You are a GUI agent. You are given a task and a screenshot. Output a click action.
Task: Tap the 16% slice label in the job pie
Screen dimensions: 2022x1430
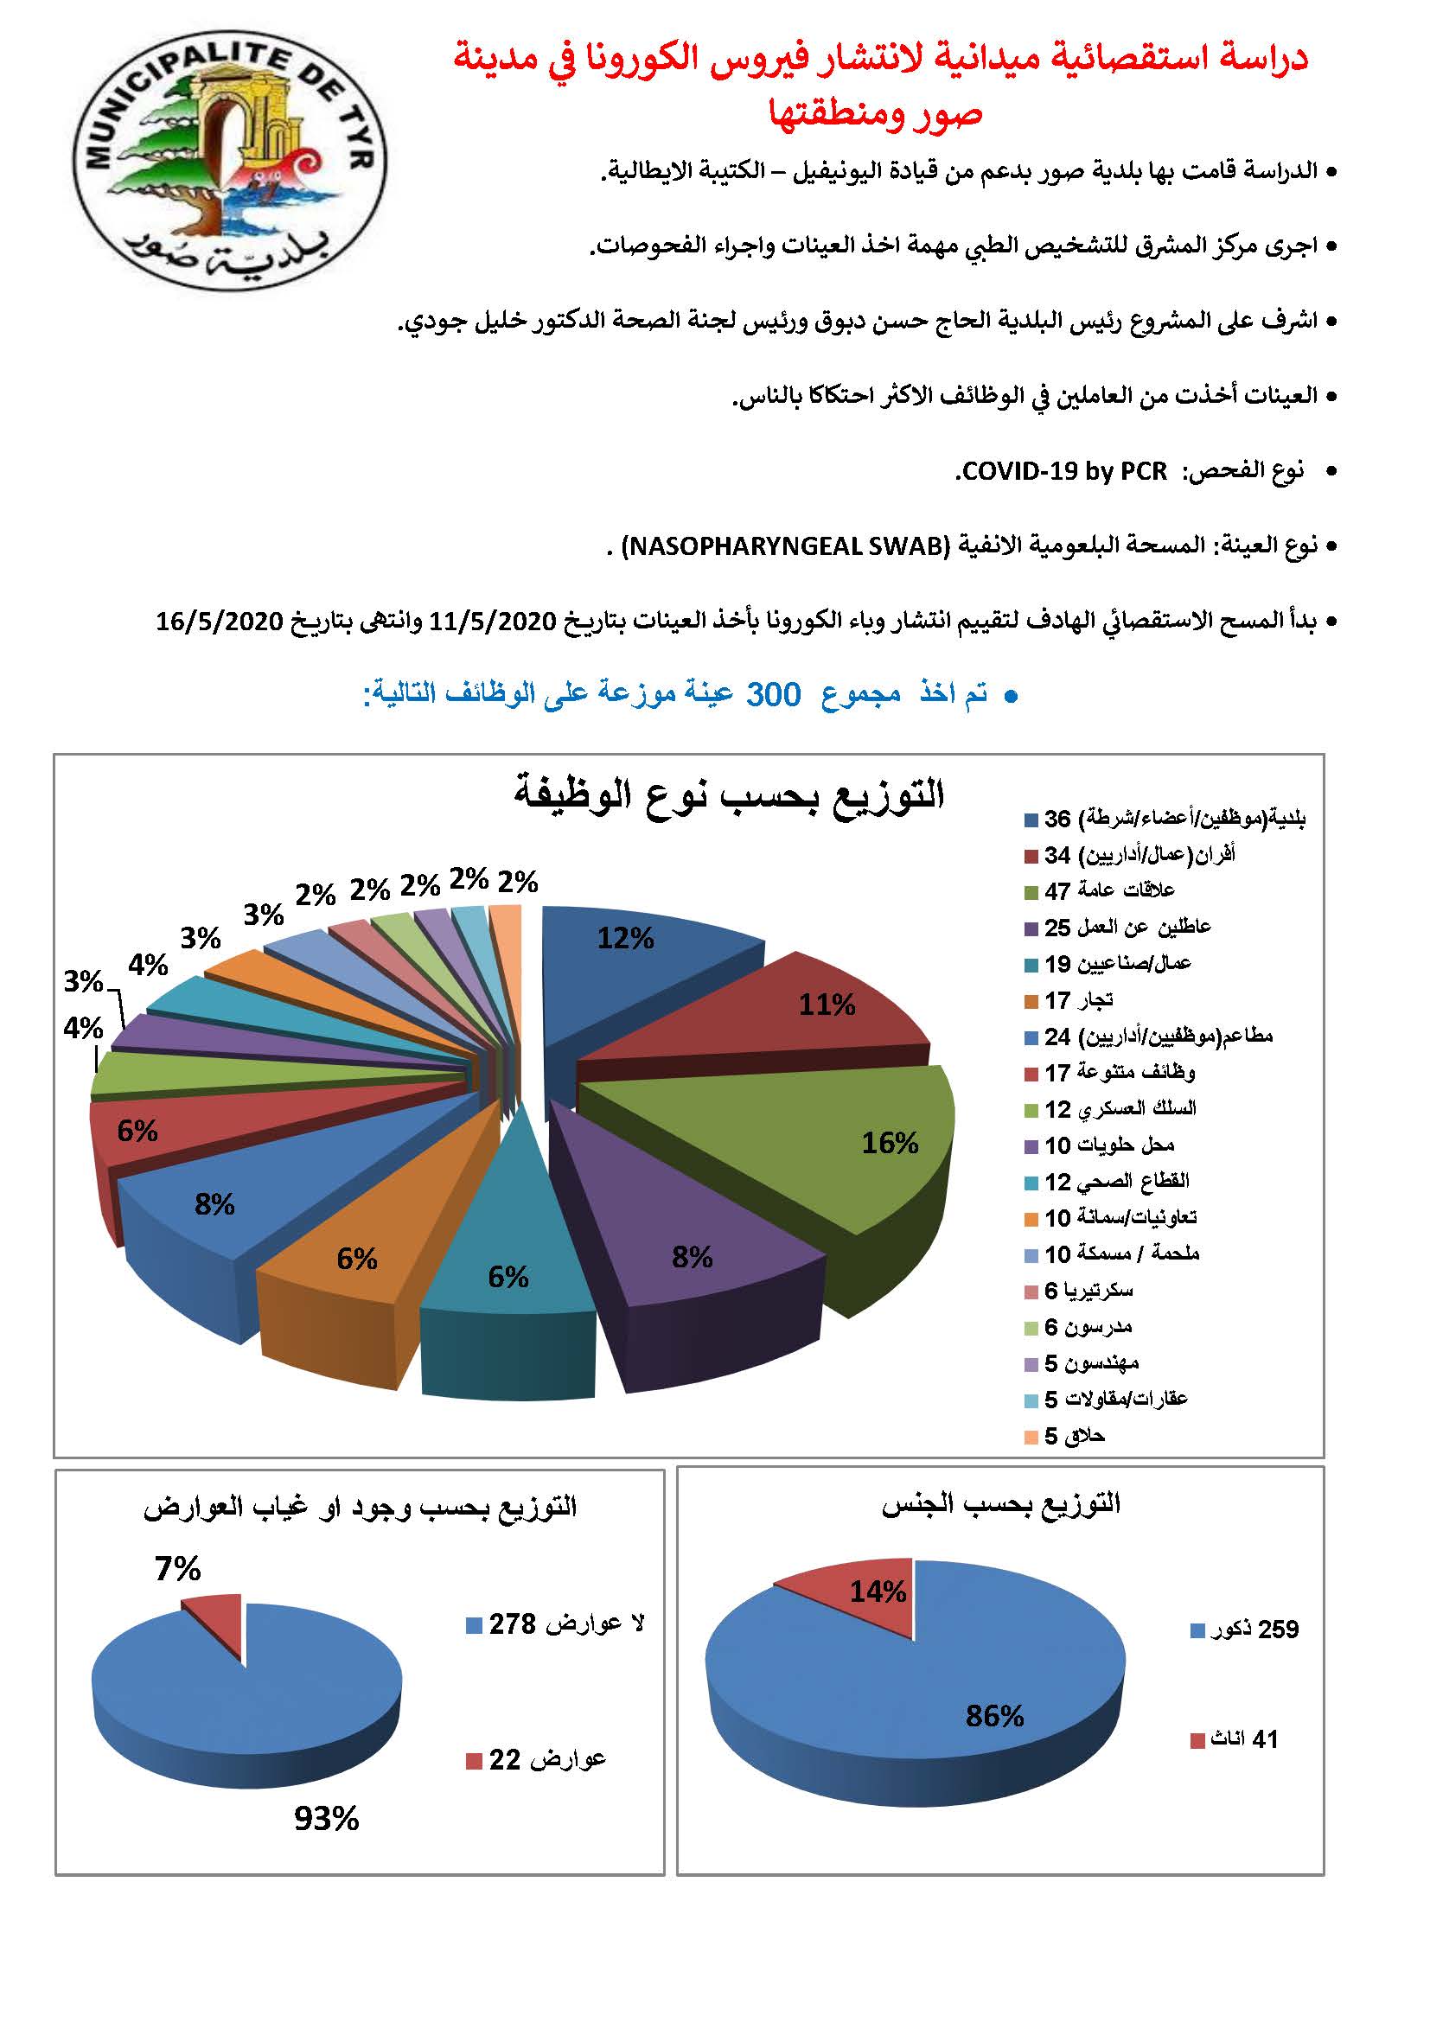coord(890,1143)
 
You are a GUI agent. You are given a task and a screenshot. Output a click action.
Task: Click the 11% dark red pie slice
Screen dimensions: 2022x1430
coord(793,1013)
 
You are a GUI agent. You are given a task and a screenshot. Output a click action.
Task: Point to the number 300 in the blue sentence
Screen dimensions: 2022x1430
coord(773,695)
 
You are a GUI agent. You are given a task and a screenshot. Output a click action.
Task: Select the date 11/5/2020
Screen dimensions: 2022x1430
coord(493,622)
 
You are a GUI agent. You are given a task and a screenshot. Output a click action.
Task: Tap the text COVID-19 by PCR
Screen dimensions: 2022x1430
coord(1063,472)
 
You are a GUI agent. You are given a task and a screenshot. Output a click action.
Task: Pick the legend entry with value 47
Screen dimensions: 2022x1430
coord(1109,891)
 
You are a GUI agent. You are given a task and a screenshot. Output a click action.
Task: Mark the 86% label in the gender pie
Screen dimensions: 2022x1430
coord(994,1715)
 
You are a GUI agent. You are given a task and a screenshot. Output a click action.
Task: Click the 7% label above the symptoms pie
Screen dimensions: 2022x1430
coord(178,1568)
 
